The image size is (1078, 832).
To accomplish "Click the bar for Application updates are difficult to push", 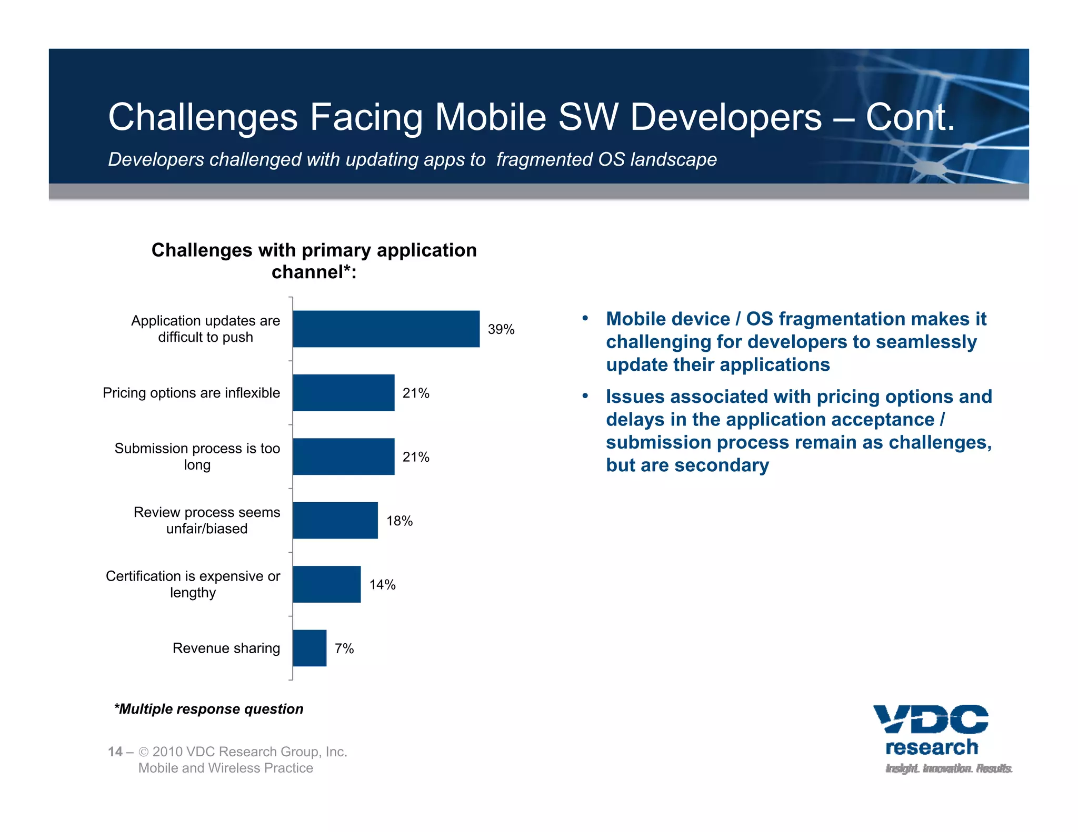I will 386,329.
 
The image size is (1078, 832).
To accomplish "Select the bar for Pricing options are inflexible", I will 343,393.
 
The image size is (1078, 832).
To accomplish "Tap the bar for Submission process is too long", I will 343,456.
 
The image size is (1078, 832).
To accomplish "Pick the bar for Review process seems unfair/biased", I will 335,521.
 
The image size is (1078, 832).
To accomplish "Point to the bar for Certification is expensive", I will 326,584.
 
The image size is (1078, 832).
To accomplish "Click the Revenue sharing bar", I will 310,648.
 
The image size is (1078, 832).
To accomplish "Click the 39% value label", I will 501,329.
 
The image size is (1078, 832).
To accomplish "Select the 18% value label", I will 399,521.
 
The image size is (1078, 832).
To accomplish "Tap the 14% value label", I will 382,584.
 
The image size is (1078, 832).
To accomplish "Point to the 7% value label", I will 344,648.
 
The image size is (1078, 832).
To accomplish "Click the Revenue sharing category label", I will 226,648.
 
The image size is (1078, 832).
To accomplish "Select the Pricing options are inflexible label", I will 191,393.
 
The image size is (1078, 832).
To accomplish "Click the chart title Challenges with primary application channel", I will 314,261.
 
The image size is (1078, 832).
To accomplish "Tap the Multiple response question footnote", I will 208,709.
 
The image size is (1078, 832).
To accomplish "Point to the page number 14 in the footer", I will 115,752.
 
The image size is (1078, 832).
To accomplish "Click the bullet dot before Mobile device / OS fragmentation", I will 585,318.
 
